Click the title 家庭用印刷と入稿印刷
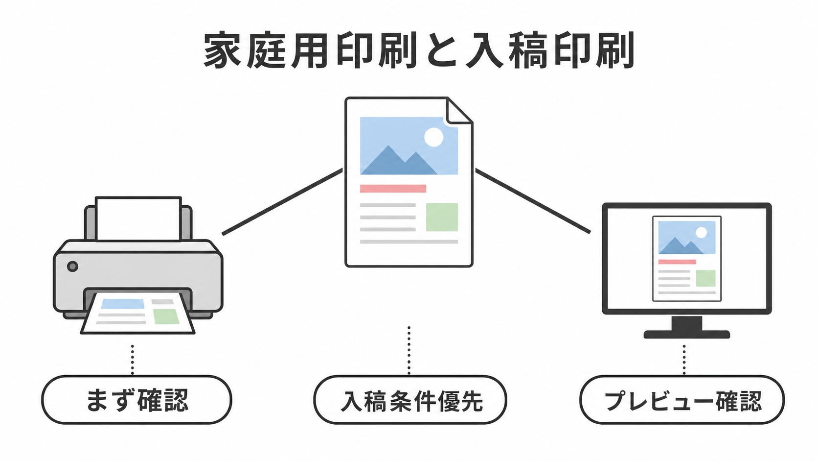(419, 50)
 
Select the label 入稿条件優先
(411, 401)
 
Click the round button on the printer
(73, 266)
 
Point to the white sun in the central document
(434, 138)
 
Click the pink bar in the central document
(393, 189)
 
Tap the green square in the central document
(442, 217)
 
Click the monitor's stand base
(686, 334)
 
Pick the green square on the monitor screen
(705, 278)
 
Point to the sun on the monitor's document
(701, 233)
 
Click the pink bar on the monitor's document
(677, 262)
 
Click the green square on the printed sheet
(166, 316)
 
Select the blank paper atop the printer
(138, 219)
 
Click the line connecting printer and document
(282, 202)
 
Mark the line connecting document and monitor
(533, 201)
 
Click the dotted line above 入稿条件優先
(409, 351)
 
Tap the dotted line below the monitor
(684, 360)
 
